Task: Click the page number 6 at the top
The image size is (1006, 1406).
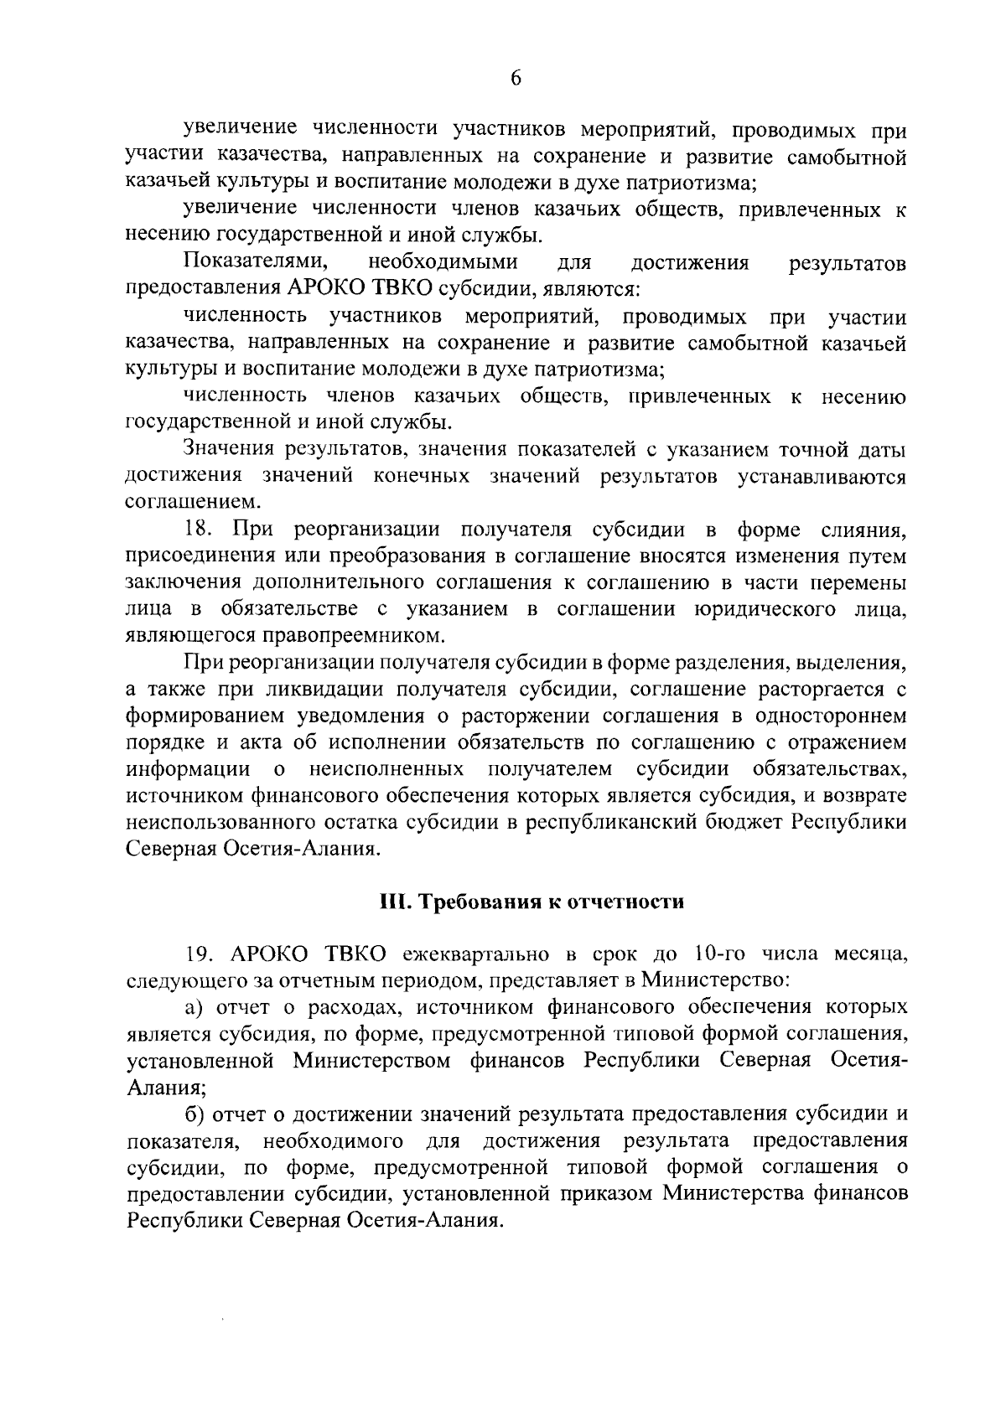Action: click(516, 78)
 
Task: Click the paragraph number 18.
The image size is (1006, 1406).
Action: click(200, 530)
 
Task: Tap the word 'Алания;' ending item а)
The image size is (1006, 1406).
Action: click(166, 1087)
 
